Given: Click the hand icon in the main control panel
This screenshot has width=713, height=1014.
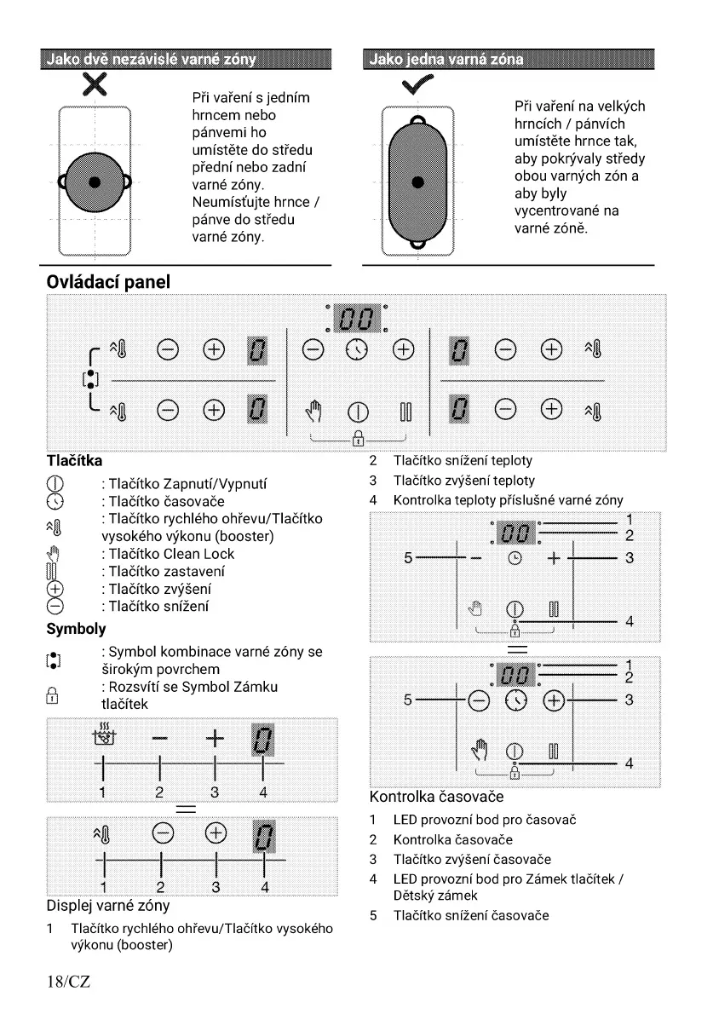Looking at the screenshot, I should point(311,414).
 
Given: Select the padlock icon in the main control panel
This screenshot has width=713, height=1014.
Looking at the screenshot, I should point(357,439).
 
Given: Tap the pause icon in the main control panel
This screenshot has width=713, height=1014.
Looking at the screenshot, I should point(404,415).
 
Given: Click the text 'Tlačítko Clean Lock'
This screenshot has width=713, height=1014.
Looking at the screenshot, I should point(171,553).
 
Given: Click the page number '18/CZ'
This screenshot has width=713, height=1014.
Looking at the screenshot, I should point(68,982).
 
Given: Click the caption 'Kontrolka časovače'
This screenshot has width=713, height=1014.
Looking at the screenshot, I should point(436,798).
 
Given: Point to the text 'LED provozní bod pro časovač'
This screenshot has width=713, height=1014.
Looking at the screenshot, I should point(485,820).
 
